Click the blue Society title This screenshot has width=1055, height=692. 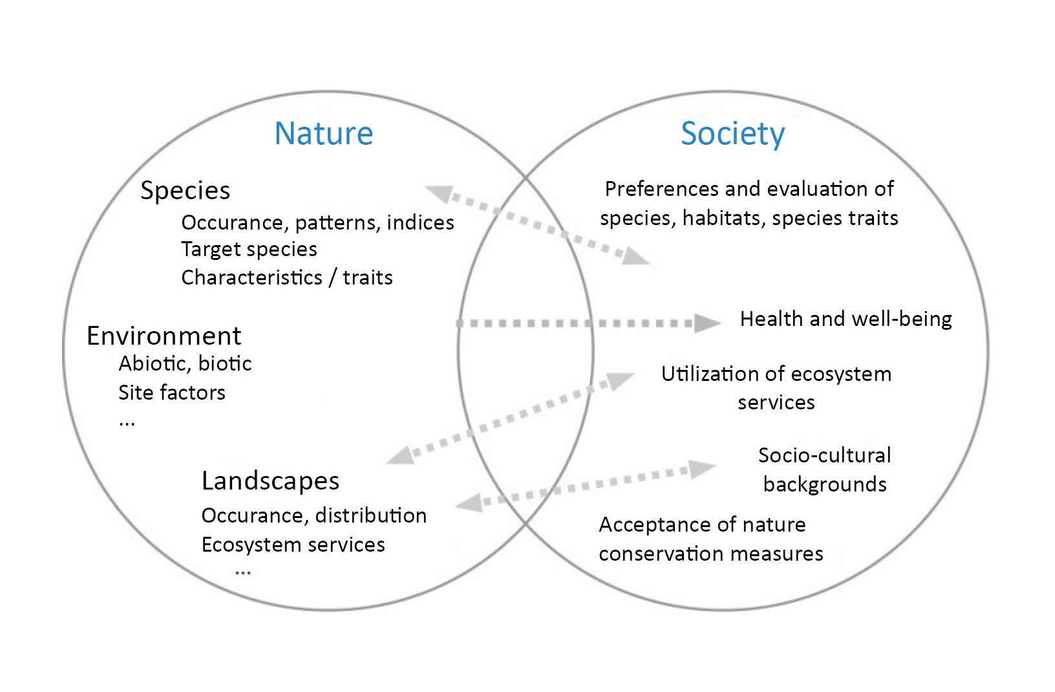tap(732, 135)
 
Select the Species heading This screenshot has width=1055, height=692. tap(185, 191)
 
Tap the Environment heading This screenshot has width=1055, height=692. tap(164, 336)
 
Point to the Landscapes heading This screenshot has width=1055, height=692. tap(270, 481)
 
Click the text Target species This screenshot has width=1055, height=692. tap(249, 250)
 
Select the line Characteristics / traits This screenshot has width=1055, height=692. tap(287, 277)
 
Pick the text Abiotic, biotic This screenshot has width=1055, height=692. tap(185, 363)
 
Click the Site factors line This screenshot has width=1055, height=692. tap(172, 393)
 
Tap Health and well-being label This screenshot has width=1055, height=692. tap(846, 319)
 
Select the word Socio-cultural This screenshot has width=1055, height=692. tap(825, 455)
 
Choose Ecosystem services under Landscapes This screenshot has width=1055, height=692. tap(293, 545)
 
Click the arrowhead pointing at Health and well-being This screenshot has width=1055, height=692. tap(707, 323)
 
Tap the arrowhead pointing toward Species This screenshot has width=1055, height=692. tap(439, 193)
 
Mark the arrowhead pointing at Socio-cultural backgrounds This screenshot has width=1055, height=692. tap(702, 469)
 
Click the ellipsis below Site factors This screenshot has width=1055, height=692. tap(127, 423)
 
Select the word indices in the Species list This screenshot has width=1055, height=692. tap(421, 223)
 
